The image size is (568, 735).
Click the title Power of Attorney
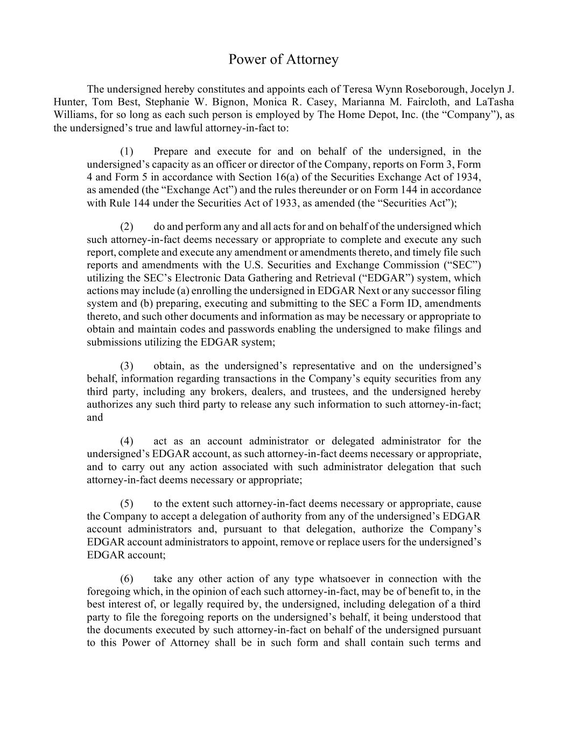pos(283,59)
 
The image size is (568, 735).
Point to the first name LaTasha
pos(495,102)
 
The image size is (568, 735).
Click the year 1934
pos(469,177)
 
